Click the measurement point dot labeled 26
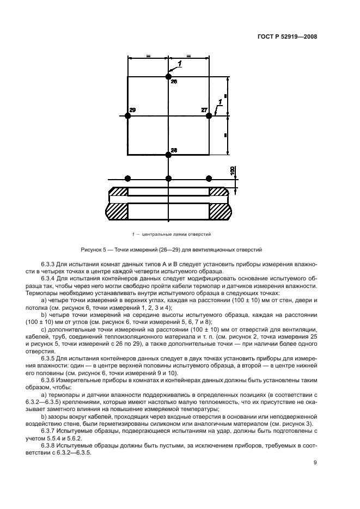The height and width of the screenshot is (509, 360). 168,76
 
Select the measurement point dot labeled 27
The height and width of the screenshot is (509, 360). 209,115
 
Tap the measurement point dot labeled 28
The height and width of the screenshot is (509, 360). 168,155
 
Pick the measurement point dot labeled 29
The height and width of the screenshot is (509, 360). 127,115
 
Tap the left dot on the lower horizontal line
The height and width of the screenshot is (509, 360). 127,179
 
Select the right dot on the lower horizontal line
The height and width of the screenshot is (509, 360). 209,179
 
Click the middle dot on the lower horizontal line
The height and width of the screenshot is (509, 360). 168,179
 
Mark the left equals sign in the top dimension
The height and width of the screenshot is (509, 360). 148,56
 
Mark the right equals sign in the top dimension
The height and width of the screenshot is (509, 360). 188,56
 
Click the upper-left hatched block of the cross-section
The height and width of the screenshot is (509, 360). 118,192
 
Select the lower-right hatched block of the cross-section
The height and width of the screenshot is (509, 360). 219,211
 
